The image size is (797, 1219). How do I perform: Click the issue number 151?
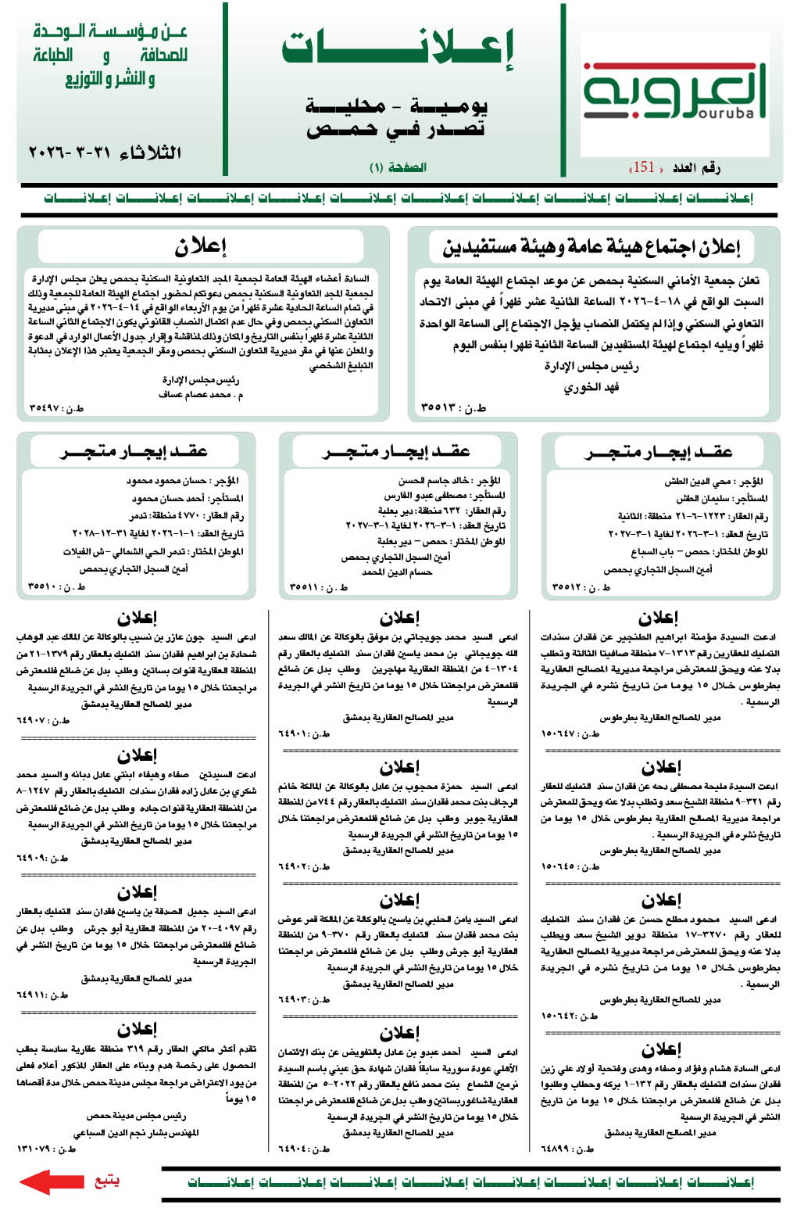pyautogui.click(x=644, y=167)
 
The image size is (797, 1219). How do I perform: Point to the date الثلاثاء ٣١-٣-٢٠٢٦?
pyautogui.click(x=105, y=152)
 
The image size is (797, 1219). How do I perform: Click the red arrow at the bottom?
pyautogui.click(x=52, y=1181)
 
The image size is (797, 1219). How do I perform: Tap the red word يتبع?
pyautogui.click(x=106, y=1180)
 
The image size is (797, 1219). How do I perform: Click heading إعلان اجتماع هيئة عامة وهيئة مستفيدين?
pyautogui.click(x=591, y=247)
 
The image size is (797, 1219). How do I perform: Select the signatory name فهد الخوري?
pyautogui.click(x=591, y=387)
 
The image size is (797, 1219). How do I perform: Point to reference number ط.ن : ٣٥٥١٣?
pyautogui.click(x=453, y=407)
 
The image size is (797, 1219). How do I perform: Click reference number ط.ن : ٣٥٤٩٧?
pyautogui.click(x=56, y=407)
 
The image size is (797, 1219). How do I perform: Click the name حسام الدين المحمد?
pyautogui.click(x=397, y=572)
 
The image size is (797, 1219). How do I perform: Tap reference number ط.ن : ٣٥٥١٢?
pyautogui.click(x=581, y=586)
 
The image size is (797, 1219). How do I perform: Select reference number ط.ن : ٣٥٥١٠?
pyautogui.click(x=56, y=586)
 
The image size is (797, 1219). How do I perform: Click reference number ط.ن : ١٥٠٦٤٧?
pyautogui.click(x=570, y=733)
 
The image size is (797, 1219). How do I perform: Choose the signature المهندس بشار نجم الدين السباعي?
pyautogui.click(x=136, y=1131)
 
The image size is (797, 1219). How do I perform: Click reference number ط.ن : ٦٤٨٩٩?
pyautogui.click(x=567, y=1149)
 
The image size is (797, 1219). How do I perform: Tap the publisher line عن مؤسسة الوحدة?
pyautogui.click(x=110, y=33)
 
